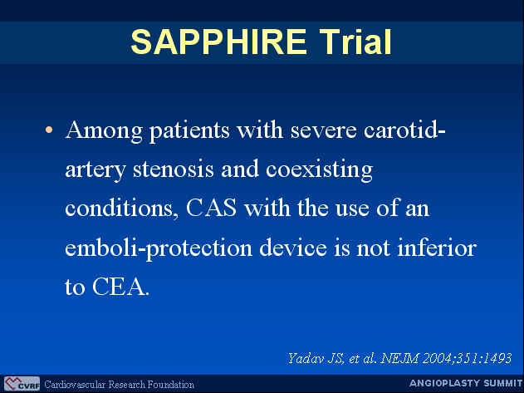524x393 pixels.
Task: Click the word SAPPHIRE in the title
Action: point(218,42)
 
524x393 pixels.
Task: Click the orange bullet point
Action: point(49,130)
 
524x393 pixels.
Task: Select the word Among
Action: point(104,130)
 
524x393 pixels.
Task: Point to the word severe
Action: point(323,131)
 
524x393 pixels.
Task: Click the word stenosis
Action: point(173,169)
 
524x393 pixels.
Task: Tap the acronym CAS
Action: point(211,208)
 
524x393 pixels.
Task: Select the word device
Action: point(293,248)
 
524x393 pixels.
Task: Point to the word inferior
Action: point(437,248)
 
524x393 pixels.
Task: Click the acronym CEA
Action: point(120,287)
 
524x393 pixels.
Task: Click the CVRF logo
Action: point(22,384)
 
